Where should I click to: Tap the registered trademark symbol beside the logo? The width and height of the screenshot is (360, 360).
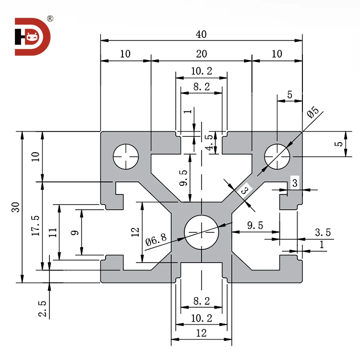pos(50,19)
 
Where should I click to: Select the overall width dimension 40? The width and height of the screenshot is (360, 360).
pos(201,35)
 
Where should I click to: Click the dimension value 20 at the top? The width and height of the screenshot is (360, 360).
pos(201,54)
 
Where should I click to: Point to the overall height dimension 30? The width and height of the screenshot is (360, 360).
pos(16,207)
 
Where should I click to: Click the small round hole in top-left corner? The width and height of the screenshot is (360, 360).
pos(125,156)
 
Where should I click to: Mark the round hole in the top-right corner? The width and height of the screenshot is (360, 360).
pos(277,156)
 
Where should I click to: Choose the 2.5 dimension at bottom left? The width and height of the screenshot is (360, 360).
pos(43,309)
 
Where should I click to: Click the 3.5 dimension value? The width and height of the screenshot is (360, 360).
pos(323,232)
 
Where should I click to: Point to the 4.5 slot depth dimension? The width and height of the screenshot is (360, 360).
pos(208,143)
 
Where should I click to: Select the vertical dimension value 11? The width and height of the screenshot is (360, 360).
pos(53,232)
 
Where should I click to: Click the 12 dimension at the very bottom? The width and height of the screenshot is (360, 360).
pos(201,334)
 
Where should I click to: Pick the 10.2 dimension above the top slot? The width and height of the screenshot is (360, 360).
pos(201,71)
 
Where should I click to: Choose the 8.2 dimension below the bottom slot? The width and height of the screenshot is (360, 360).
pos(201,301)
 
